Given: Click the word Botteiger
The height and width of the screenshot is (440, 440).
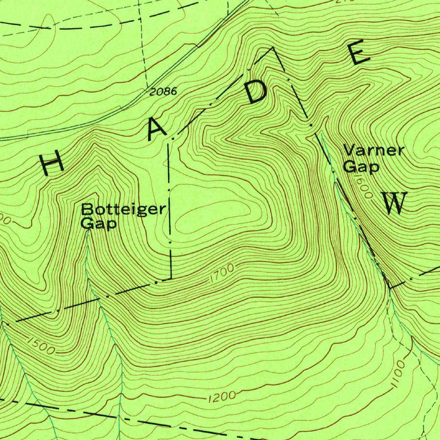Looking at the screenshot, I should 123,209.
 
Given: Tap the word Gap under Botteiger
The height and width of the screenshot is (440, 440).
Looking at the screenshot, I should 98,224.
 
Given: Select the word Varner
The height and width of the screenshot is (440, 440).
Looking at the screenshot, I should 374,150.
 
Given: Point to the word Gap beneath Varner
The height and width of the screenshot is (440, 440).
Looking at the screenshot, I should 361,167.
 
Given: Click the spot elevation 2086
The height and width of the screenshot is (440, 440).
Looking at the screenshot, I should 164,91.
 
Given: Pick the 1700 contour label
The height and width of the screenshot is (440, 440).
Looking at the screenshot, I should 222,274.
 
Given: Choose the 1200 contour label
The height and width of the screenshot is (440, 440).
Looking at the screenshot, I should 221,396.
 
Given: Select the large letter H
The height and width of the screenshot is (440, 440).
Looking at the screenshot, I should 51,165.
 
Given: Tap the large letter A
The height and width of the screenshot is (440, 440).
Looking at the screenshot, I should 156,130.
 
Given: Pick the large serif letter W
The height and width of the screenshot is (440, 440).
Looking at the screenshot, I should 395,204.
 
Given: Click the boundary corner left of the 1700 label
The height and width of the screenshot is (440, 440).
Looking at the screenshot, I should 171,278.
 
